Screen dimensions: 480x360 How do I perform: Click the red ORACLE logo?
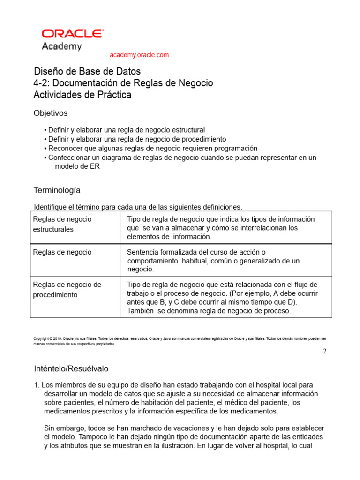pyautogui.click(x=73, y=33)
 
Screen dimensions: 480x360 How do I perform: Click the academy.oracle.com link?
pyautogui.click(x=139, y=55)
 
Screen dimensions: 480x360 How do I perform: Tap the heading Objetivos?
pyautogui.click(x=51, y=113)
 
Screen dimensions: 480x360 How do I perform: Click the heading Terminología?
pyautogui.click(x=57, y=190)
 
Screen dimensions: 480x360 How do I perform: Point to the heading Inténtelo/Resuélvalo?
pyautogui.click(x=71, y=368)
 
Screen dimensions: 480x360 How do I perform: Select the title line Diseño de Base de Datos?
pyautogui.click(x=87, y=72)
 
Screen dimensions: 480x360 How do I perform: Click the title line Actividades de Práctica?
pyautogui.click(x=82, y=95)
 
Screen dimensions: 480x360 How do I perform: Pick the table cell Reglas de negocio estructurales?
pyautogui.click(x=62, y=224)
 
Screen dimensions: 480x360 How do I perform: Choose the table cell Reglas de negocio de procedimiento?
pyautogui.click(x=67, y=290)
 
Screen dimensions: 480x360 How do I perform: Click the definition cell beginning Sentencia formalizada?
pyautogui.click(x=213, y=261)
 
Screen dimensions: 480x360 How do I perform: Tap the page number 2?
pyautogui.click(x=324, y=352)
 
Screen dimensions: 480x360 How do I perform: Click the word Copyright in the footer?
pyautogui.click(x=41, y=338)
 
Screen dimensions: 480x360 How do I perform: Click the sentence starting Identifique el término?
pyautogui.click(x=138, y=207)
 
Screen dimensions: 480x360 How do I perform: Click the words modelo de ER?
pyautogui.click(x=77, y=166)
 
